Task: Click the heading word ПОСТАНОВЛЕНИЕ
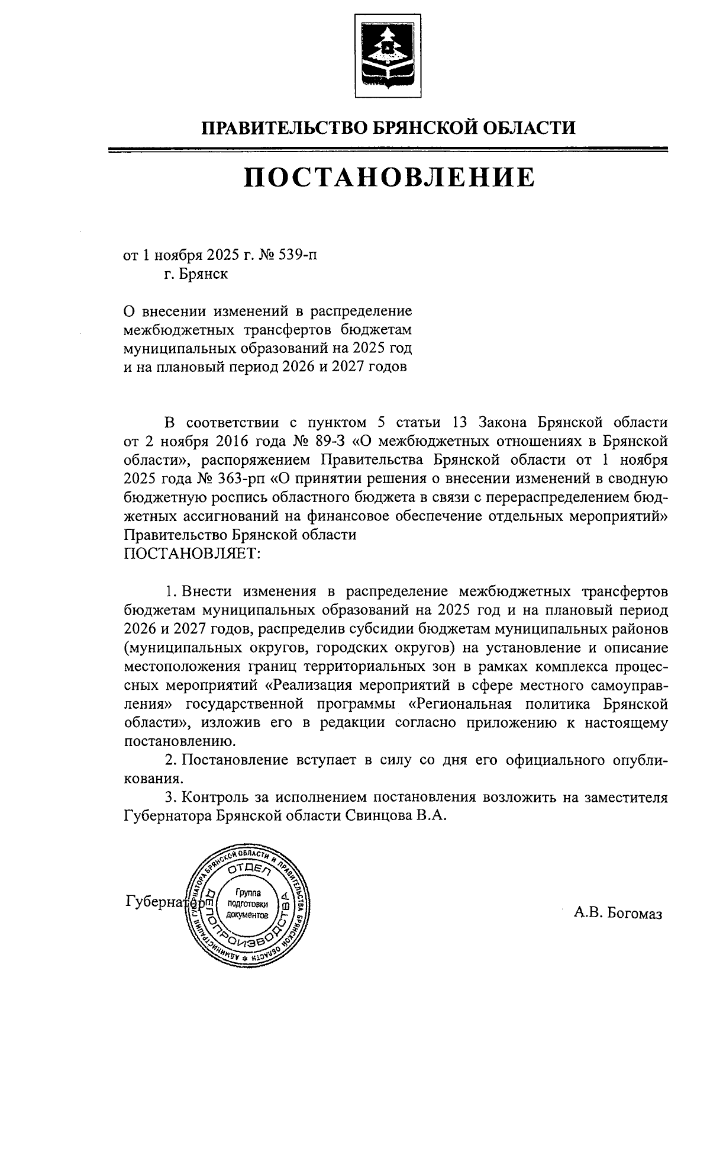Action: (389, 177)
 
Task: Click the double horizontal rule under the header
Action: (388, 150)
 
